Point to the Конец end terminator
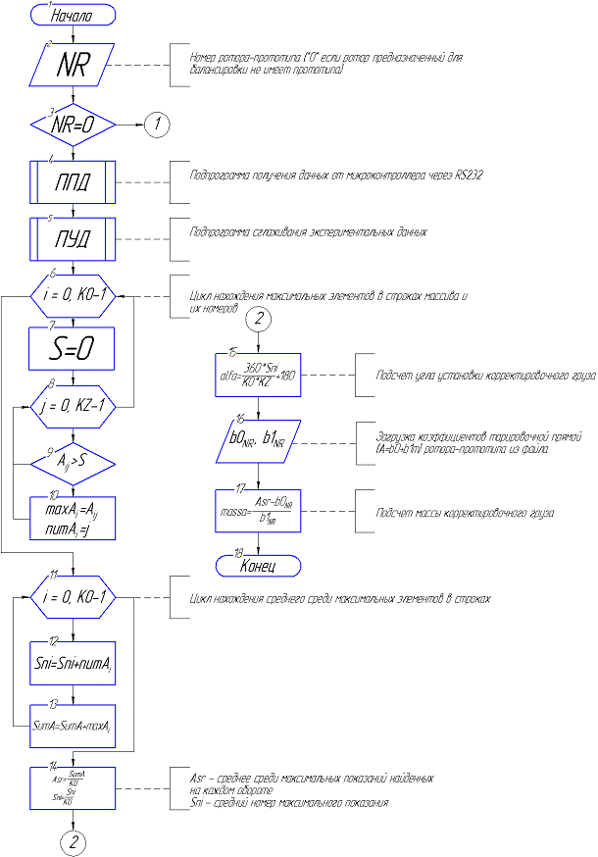pos(257,565)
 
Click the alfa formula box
pos(257,374)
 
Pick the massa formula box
pos(257,512)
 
